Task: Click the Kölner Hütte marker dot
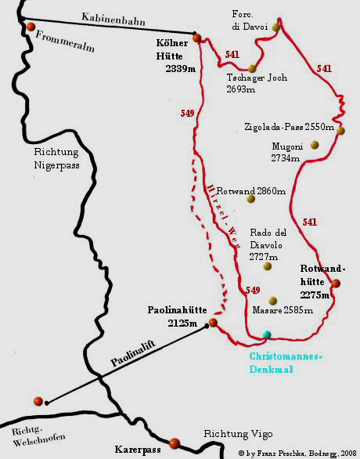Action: coord(197,37)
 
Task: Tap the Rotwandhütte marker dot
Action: coord(336,284)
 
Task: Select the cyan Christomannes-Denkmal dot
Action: coord(268,334)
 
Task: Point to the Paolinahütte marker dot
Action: coord(213,323)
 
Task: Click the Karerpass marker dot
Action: coord(175,443)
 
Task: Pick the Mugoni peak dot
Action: coord(315,144)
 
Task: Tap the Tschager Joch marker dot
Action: coord(253,68)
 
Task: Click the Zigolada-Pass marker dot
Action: coord(340,130)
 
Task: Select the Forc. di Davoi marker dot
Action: coord(276,27)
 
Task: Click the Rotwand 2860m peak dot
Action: coord(251,198)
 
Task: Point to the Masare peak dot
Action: coord(272,301)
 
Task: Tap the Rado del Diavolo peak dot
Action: coord(267,266)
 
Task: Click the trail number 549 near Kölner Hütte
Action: coord(187,114)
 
